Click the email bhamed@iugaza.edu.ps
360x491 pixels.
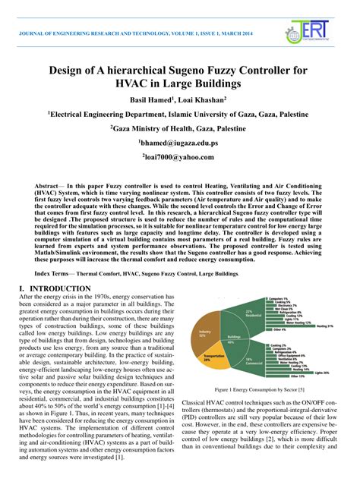pyautogui.click(x=179, y=143)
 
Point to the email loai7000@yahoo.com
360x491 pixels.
pyautogui.click(x=179, y=157)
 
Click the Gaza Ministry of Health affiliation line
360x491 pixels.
pyautogui.click(x=179, y=128)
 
